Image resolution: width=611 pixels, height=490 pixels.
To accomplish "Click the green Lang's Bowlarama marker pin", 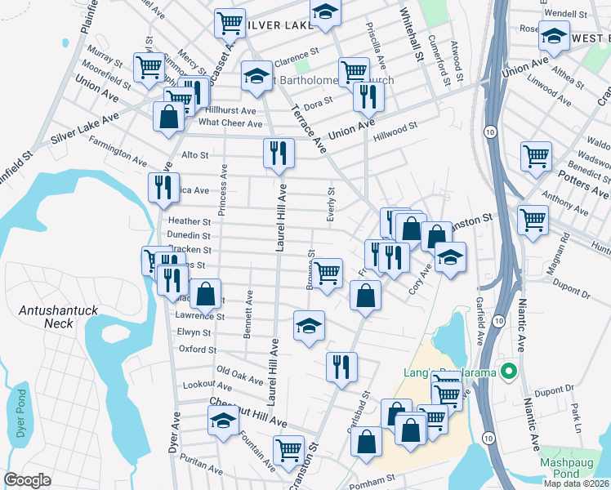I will click(511, 372).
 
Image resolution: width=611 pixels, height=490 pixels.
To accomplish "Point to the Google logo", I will click(28, 480).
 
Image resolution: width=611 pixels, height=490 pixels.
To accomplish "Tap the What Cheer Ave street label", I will click(230, 123).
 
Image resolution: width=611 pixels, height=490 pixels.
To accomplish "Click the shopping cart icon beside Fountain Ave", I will click(288, 450).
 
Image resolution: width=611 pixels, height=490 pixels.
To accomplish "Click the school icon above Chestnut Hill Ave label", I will click(221, 421).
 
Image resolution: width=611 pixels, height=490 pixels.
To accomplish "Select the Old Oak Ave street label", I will click(240, 376).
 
